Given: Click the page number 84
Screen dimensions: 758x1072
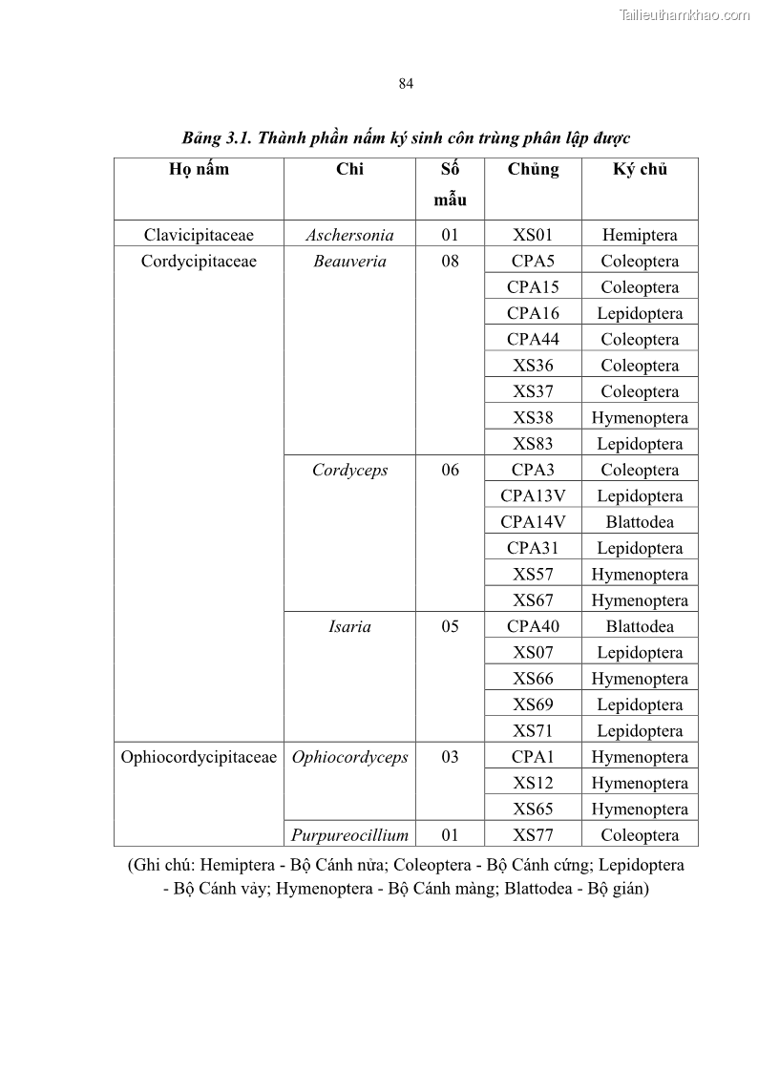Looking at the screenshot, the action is [x=406, y=84].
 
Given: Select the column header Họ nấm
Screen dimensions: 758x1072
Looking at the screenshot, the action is [x=199, y=170].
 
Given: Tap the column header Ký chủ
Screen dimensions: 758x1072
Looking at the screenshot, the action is [x=640, y=170].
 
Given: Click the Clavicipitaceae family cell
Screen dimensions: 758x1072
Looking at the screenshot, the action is [x=199, y=235].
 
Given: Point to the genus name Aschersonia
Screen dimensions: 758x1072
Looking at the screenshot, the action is [x=349, y=235].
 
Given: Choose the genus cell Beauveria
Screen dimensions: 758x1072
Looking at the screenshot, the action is [x=349, y=261].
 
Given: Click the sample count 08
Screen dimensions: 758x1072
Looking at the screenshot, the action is [x=450, y=261].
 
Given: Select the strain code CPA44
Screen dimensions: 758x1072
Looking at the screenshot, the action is [x=533, y=339].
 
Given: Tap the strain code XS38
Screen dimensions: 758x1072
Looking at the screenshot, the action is [x=533, y=417].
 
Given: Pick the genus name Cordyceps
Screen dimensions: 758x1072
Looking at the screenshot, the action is [x=349, y=470].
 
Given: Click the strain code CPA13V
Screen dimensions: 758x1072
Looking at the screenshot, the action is [x=533, y=495].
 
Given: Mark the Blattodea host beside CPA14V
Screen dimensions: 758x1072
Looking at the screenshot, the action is [x=640, y=522].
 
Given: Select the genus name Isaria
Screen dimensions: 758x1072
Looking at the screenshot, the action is [x=349, y=626].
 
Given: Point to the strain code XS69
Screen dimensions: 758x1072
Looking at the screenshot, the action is [x=533, y=704].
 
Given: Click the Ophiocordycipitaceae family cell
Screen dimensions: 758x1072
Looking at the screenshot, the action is [x=199, y=757].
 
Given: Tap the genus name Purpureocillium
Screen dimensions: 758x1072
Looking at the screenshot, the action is [x=349, y=835].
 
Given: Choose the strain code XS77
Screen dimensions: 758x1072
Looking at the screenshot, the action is [x=533, y=835].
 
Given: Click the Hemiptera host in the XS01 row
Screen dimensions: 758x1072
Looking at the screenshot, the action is [x=640, y=235].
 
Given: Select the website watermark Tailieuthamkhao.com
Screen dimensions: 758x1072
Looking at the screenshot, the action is [x=684, y=14].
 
